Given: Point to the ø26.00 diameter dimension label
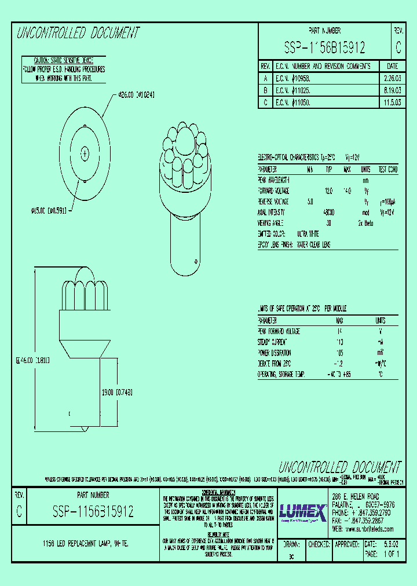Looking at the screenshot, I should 136,94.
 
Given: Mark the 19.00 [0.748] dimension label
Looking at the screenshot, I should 116,392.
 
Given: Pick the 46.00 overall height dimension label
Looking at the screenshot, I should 33,360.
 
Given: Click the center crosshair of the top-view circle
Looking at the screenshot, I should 85,153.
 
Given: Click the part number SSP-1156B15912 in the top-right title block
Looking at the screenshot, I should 324,47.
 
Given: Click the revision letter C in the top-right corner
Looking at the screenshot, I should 397,47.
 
